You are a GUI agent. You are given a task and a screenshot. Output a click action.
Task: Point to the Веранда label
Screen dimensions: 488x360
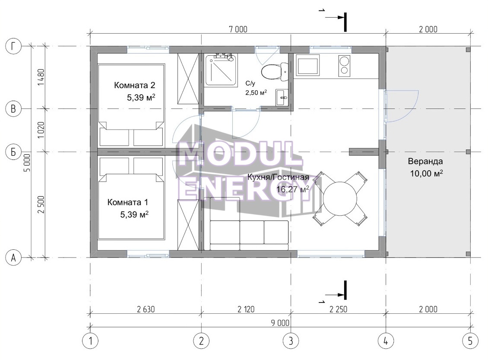pos(425,161)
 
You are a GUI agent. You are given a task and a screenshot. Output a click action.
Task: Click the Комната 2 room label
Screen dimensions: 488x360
pos(134,85)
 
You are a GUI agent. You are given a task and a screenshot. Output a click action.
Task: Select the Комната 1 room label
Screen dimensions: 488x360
pos(127,202)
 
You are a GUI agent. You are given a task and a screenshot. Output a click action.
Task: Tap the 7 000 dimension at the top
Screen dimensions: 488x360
pos(238,29)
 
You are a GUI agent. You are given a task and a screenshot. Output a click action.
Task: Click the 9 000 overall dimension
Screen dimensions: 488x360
pos(280,323)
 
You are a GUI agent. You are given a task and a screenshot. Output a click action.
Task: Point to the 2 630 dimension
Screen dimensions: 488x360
pos(146,309)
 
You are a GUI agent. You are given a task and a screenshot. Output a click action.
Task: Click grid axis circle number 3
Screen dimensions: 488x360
pos(291,341)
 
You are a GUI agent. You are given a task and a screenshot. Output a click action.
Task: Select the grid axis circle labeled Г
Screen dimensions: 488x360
pos(13,46)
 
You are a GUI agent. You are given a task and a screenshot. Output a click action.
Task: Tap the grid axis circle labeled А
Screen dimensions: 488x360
pos(13,258)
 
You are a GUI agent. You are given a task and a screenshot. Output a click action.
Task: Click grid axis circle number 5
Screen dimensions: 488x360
pos(470,341)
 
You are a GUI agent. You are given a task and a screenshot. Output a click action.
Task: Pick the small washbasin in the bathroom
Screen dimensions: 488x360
pos(282,97)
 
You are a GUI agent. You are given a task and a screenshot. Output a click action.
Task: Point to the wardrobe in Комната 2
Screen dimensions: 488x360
pos(188,79)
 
